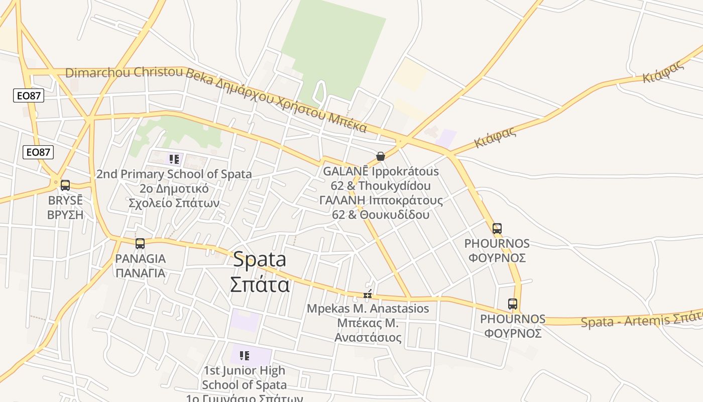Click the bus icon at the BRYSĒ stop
pyautogui.click(x=65, y=185)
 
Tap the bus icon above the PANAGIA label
pyautogui.click(x=140, y=244)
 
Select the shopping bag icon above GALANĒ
pyautogui.click(x=381, y=156)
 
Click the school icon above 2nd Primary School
pyautogui.click(x=174, y=160)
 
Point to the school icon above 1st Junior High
pyautogui.click(x=245, y=356)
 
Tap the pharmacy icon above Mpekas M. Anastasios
pyautogui.click(x=368, y=294)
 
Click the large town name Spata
pyautogui.click(x=260, y=259)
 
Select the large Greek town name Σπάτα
pyautogui.click(x=260, y=284)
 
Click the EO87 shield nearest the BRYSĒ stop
pyautogui.click(x=38, y=152)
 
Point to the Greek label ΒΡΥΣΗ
pyautogui.click(x=65, y=215)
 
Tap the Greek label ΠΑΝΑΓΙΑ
pyautogui.click(x=140, y=273)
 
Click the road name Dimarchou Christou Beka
pyautogui.click(x=124, y=73)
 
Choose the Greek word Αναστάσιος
pyautogui.click(x=368, y=337)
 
